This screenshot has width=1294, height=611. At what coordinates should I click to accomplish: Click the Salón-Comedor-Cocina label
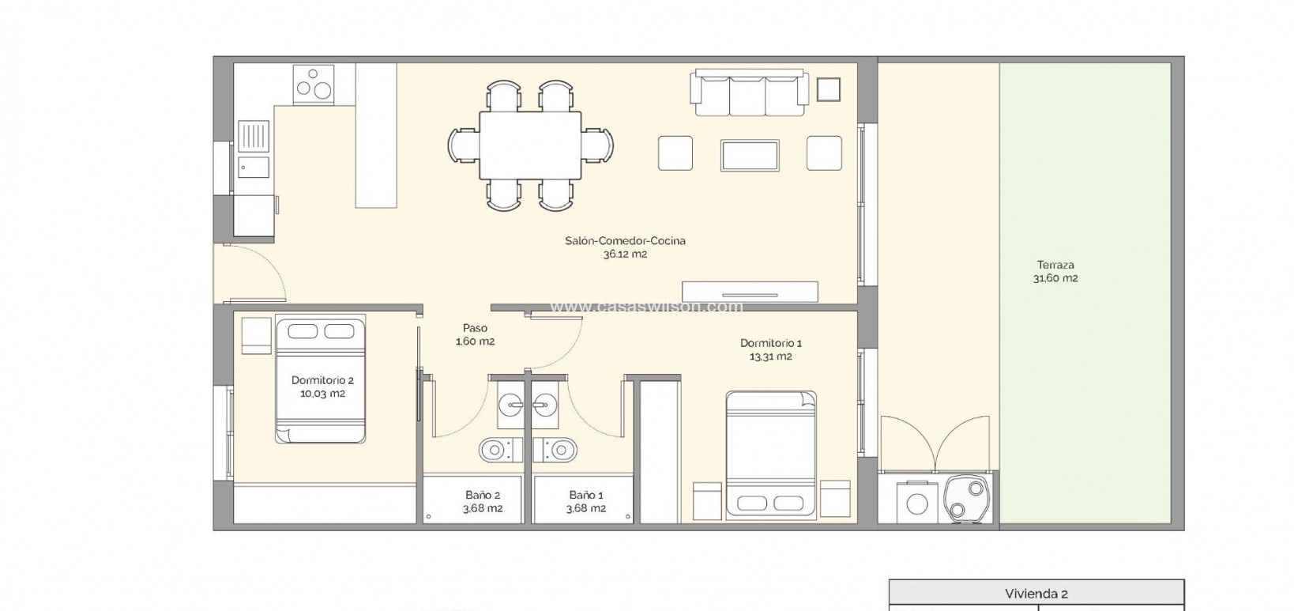point(625,240)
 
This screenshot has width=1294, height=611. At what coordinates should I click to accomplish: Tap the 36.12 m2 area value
point(625,255)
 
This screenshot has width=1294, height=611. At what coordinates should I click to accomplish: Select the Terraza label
point(1055,265)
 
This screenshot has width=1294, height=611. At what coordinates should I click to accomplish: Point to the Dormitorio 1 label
point(770,343)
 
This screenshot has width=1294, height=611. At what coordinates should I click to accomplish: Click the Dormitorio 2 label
point(322,380)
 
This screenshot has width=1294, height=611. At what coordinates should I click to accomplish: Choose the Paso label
point(475,328)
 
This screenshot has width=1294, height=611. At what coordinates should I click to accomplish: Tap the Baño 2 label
point(482,495)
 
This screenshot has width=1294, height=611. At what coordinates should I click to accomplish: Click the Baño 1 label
point(585,495)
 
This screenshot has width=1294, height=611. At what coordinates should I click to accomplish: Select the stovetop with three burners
point(313,83)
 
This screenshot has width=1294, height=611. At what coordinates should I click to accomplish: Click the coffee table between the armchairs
point(750,155)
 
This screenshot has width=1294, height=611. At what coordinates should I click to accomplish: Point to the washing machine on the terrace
point(917,502)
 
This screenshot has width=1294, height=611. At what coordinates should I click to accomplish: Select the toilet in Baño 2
point(495,450)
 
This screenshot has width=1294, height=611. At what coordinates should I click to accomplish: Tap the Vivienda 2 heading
point(1036,594)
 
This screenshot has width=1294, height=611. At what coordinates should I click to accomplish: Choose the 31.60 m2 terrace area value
point(1055,278)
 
